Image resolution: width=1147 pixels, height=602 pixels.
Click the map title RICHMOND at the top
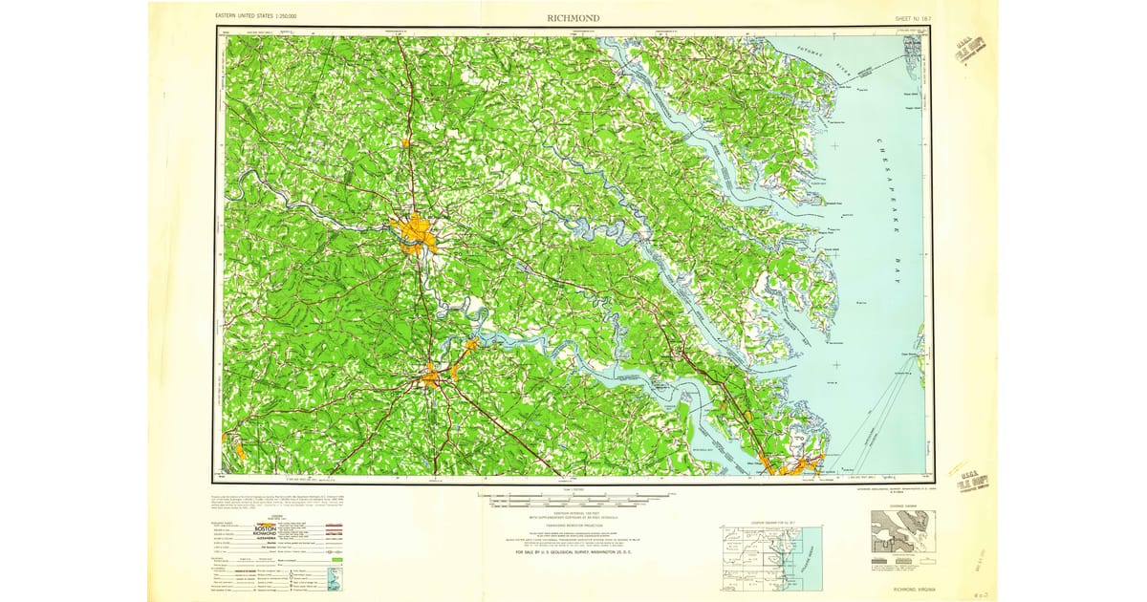coord(573,17)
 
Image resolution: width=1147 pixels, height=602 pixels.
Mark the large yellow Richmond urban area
coord(415,231)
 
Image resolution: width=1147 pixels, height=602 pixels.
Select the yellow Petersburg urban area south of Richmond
coord(429,377)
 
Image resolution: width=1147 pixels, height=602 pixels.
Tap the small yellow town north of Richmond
coord(406,143)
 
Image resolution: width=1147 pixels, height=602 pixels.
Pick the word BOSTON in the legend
coord(264,528)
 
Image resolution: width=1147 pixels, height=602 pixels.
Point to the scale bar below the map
coord(573,499)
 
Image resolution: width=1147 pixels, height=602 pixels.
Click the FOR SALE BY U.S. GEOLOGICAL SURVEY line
coord(573,553)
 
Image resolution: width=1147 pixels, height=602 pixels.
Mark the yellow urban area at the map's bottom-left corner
coord(235,446)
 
